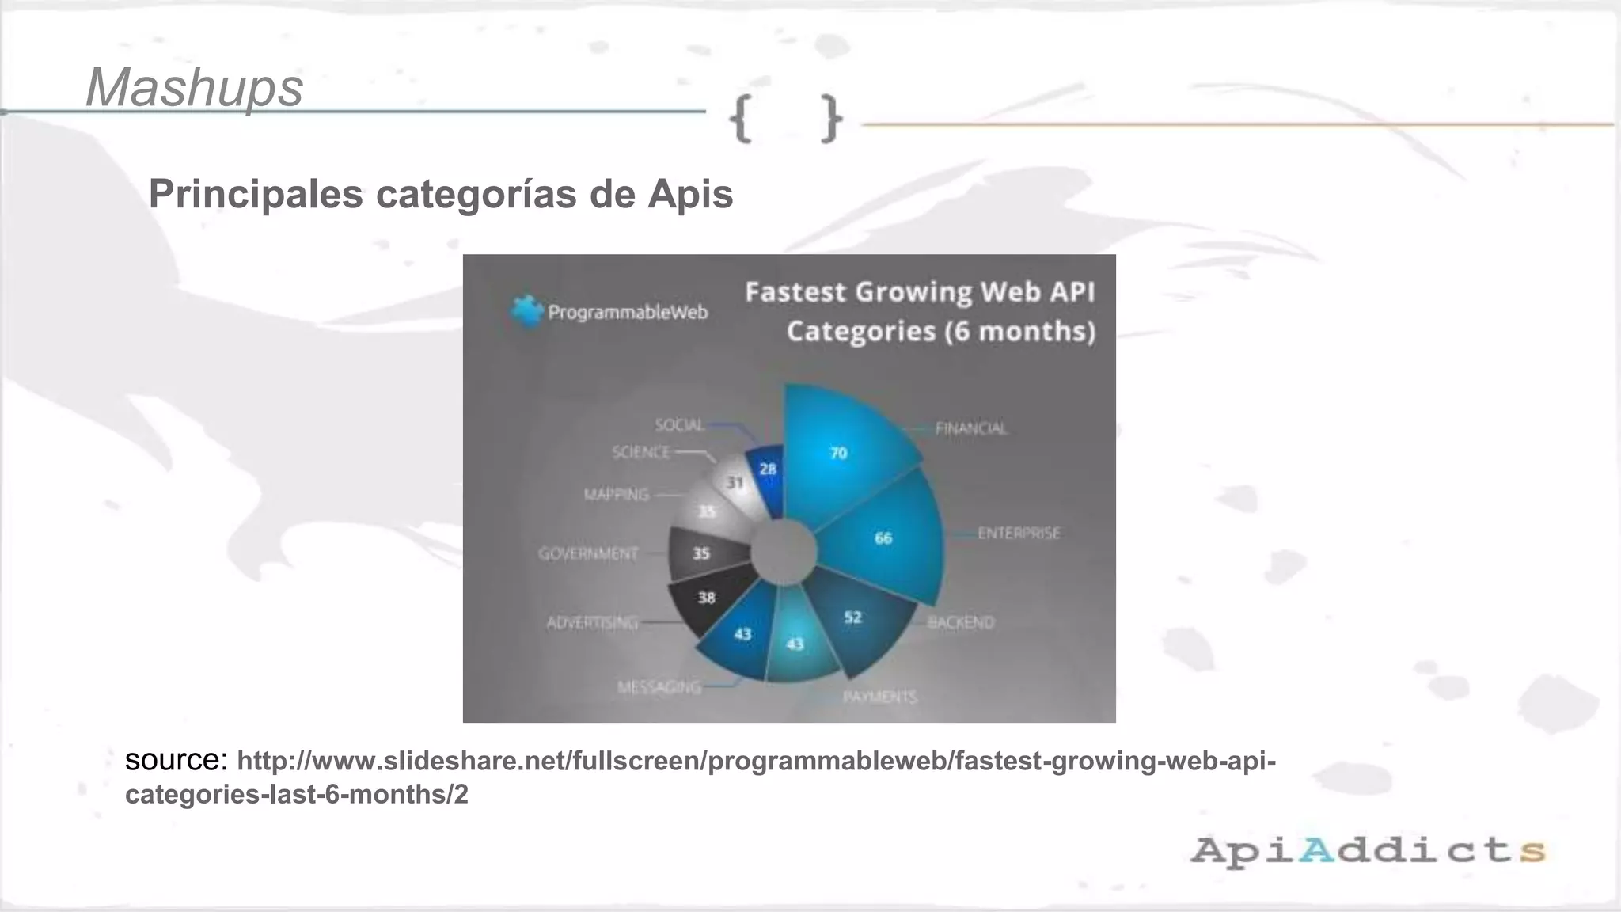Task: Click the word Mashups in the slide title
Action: coord(194,87)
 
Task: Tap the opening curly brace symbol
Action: coord(741,119)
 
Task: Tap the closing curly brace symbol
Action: coord(829,119)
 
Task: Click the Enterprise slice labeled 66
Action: coord(883,538)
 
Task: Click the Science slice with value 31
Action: coord(735,482)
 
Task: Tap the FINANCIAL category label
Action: coord(971,428)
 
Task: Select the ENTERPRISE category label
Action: coord(1019,534)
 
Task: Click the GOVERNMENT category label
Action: coord(588,553)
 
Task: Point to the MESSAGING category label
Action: coord(659,686)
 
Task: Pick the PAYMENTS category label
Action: coord(879,697)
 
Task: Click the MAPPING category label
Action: coord(616,495)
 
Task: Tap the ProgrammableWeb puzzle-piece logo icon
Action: coord(526,311)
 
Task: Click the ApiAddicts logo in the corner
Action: coord(1367,851)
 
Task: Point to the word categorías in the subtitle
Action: coord(476,195)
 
